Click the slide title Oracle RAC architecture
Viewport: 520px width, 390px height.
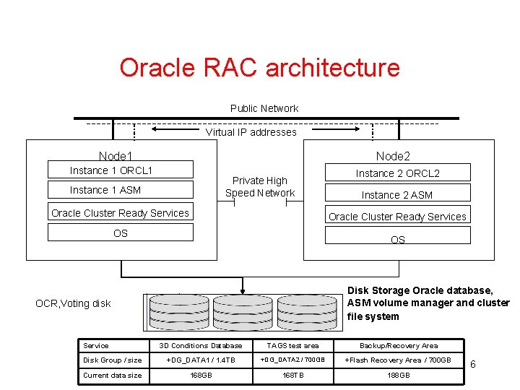point(259,68)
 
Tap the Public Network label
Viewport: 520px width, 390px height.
point(264,108)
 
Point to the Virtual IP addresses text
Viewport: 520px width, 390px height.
point(251,132)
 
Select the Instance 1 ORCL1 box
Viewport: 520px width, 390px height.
point(121,170)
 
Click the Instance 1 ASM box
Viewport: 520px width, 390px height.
point(121,189)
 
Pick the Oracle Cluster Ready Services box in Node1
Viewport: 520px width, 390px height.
point(121,213)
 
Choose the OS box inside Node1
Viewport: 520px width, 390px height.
point(121,233)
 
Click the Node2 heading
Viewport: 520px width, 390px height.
point(393,156)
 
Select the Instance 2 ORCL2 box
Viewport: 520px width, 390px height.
point(397,173)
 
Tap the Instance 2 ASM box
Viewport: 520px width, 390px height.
point(397,194)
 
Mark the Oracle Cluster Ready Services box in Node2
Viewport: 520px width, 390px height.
point(397,216)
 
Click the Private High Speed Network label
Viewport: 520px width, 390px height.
point(260,186)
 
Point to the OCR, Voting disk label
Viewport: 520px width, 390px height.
point(74,303)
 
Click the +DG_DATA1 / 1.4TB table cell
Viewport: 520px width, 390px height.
point(201,360)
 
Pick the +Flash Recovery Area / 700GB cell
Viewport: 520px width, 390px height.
point(398,360)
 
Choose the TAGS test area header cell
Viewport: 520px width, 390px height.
point(293,345)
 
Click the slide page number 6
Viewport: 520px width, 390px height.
point(473,365)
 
